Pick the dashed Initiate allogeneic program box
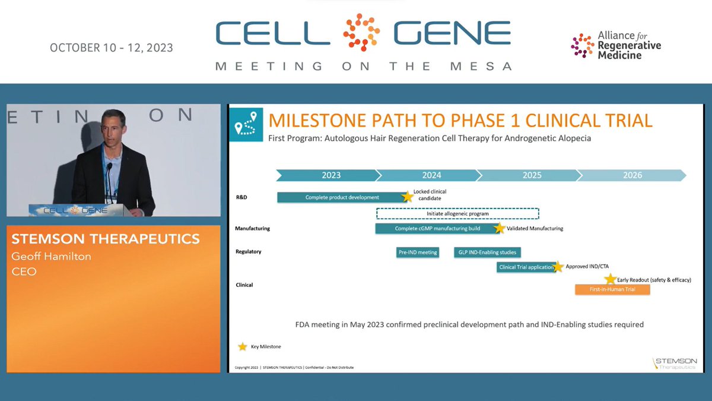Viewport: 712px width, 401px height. pyautogui.click(x=457, y=213)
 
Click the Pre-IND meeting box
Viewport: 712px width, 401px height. pyautogui.click(x=417, y=252)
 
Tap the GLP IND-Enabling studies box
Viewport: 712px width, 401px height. pyautogui.click(x=487, y=252)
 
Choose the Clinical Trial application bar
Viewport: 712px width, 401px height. pyautogui.click(x=526, y=267)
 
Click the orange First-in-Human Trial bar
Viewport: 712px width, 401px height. pyautogui.click(x=612, y=289)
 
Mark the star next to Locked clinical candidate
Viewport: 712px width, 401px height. pyautogui.click(x=407, y=197)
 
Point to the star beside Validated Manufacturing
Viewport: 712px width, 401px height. pyautogui.click(x=499, y=228)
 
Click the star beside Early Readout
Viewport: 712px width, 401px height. pyautogui.click(x=610, y=279)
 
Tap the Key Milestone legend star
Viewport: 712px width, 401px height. pyautogui.click(x=243, y=346)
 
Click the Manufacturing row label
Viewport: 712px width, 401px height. pyautogui.click(x=253, y=228)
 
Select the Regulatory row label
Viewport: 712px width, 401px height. pyautogui.click(x=249, y=252)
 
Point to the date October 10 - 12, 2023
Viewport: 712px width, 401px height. pyautogui.click(x=112, y=48)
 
